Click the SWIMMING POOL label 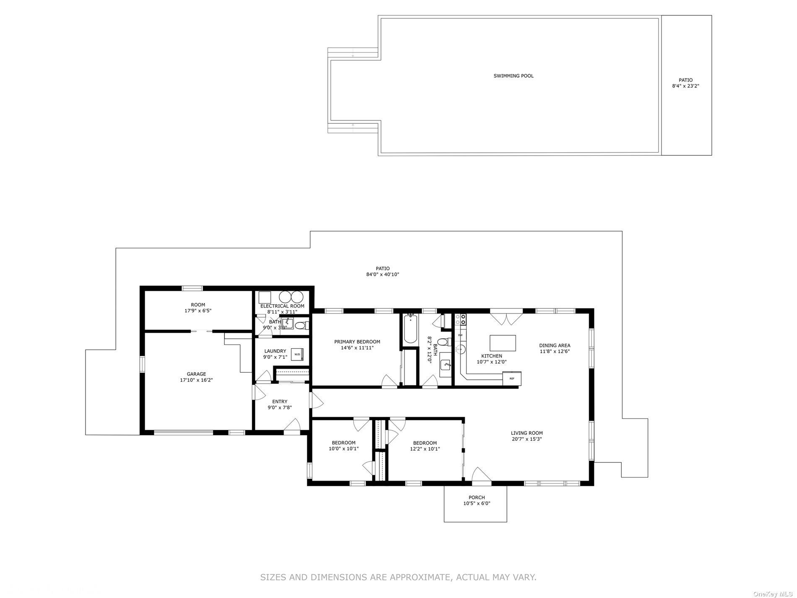(x=513, y=76)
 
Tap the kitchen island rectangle (x=503, y=343)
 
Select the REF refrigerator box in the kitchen (x=512, y=379)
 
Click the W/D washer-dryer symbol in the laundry (x=297, y=354)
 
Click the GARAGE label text (x=196, y=374)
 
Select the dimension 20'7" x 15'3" (x=526, y=439)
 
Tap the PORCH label (x=477, y=497)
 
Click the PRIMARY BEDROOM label (x=357, y=342)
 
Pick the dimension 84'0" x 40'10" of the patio (x=382, y=275)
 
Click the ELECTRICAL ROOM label (x=282, y=306)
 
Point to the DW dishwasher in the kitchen (x=460, y=335)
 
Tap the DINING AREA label (x=555, y=345)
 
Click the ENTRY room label (x=280, y=402)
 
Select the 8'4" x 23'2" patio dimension (x=685, y=86)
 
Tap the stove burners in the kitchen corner (x=463, y=319)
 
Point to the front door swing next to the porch (x=481, y=475)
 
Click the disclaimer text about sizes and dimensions (x=398, y=577)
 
